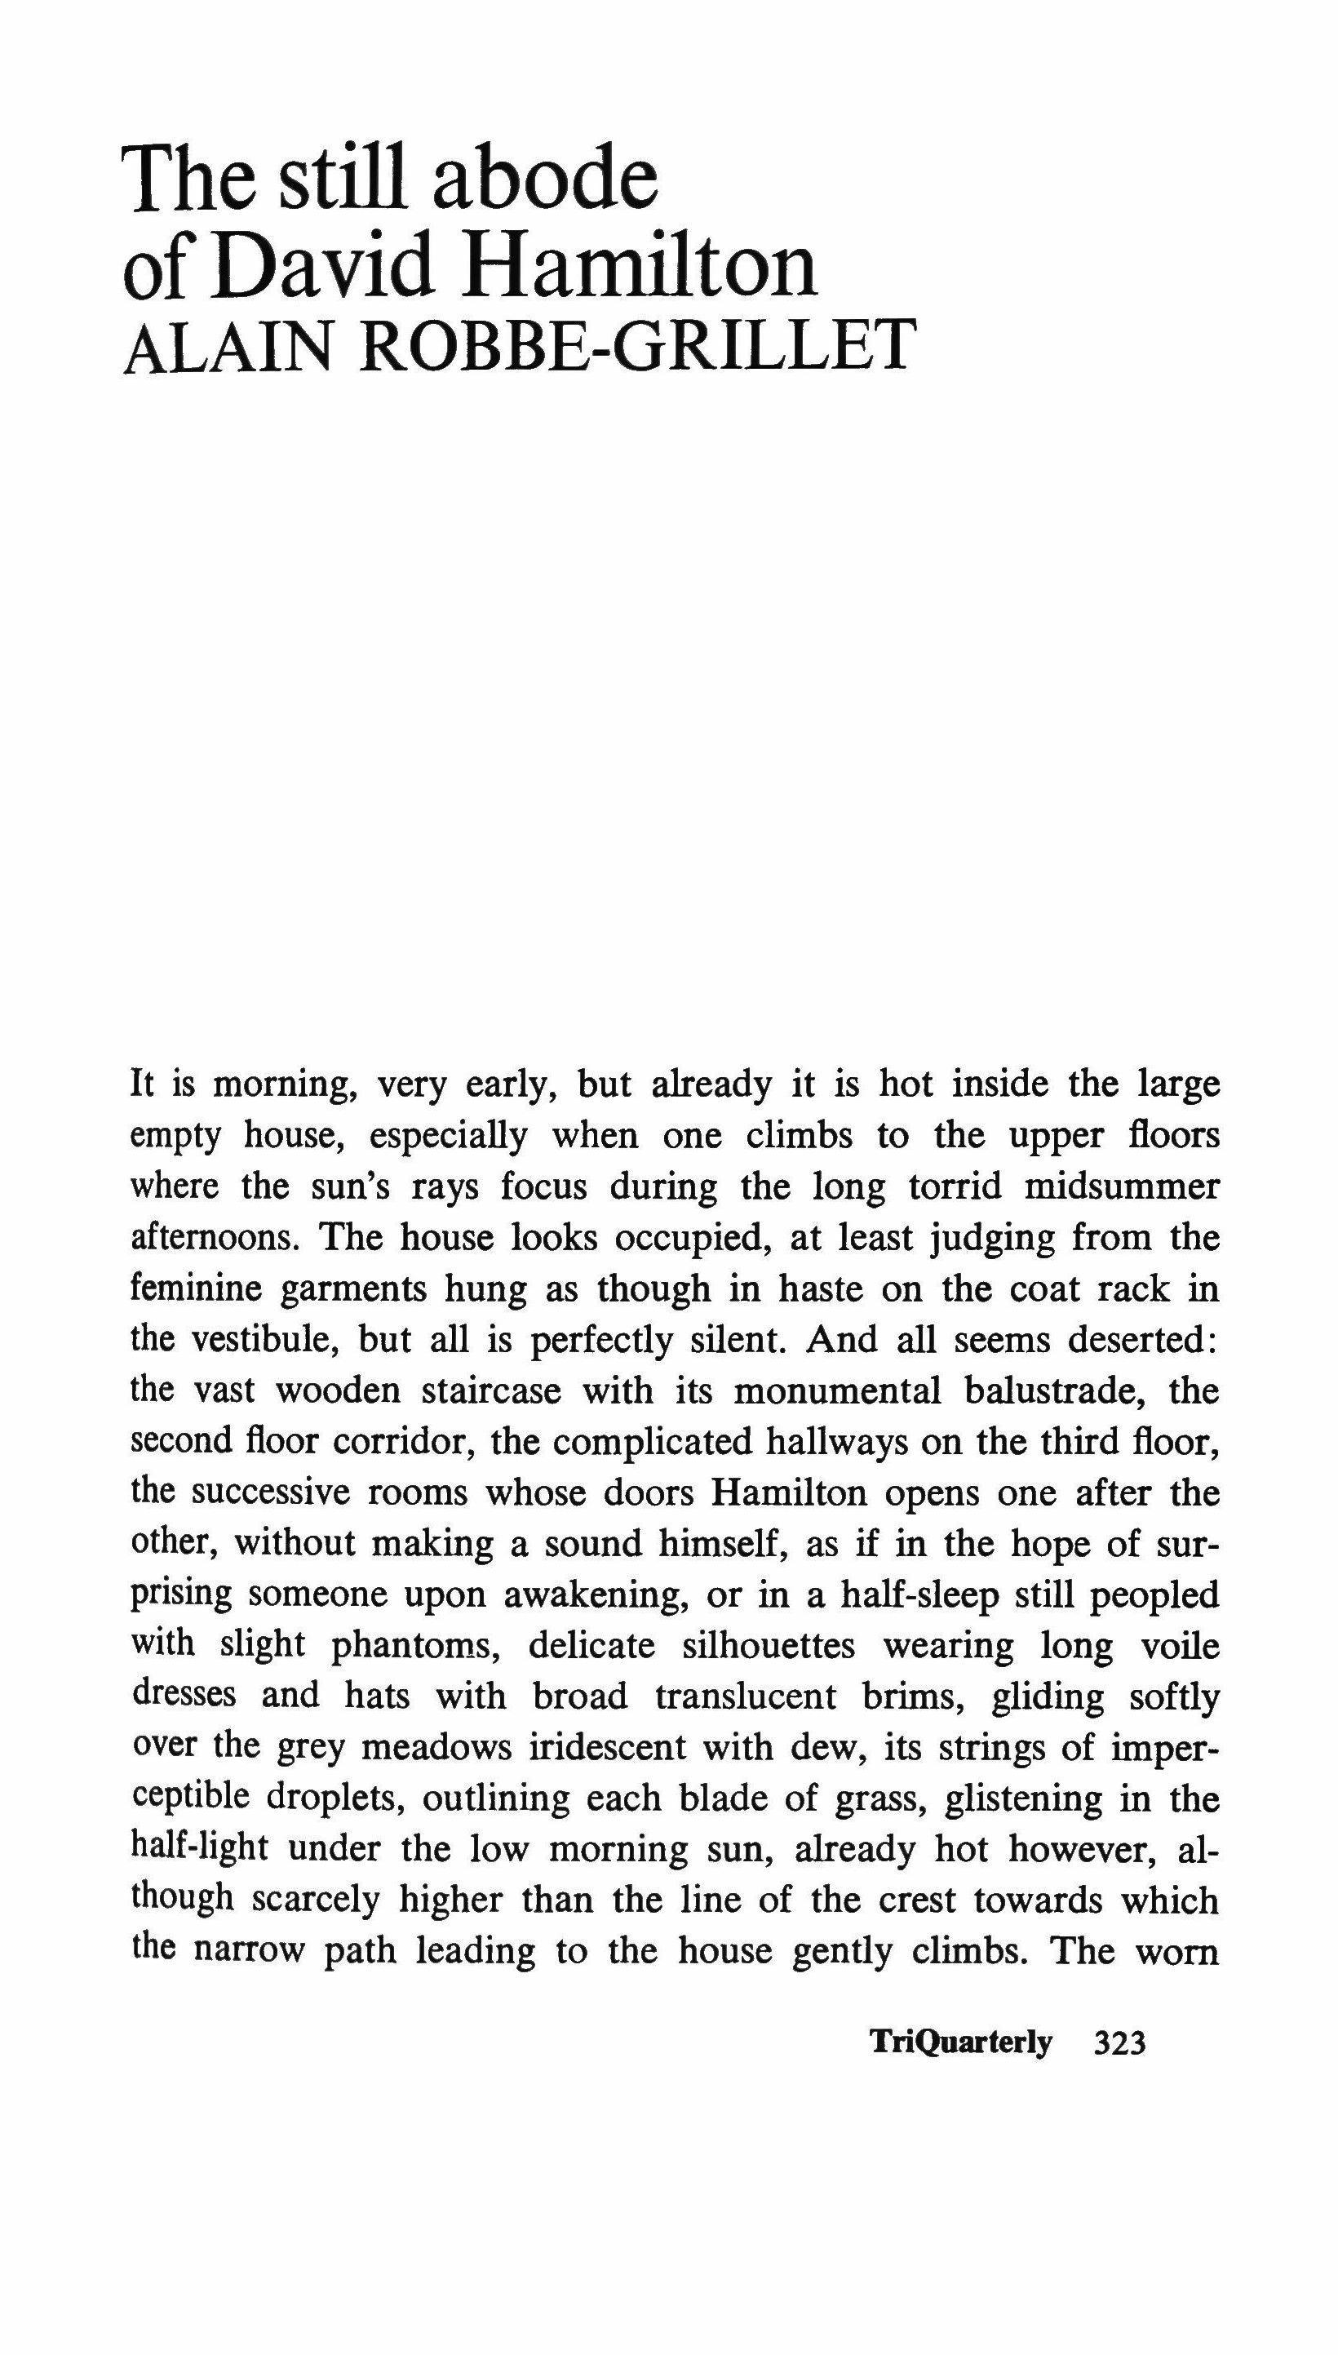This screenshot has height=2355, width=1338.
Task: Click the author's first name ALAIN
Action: coord(226,349)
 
